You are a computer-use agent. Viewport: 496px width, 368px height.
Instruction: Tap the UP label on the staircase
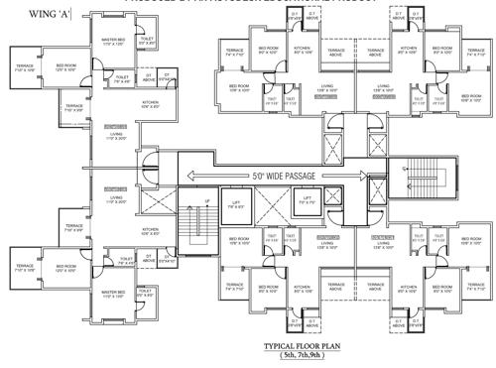pyautogui.click(x=207, y=203)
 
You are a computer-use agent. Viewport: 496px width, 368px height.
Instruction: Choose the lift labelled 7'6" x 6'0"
pyautogui.click(x=236, y=204)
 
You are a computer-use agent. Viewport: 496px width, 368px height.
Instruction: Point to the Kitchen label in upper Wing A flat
pyautogui.click(x=150, y=104)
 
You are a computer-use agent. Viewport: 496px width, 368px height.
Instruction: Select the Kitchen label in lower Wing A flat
pyautogui.click(x=150, y=233)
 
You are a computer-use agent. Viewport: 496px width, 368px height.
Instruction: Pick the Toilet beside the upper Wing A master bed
pyautogui.click(x=146, y=43)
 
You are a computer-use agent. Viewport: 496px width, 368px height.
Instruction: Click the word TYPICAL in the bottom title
pyautogui.click(x=282, y=345)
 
